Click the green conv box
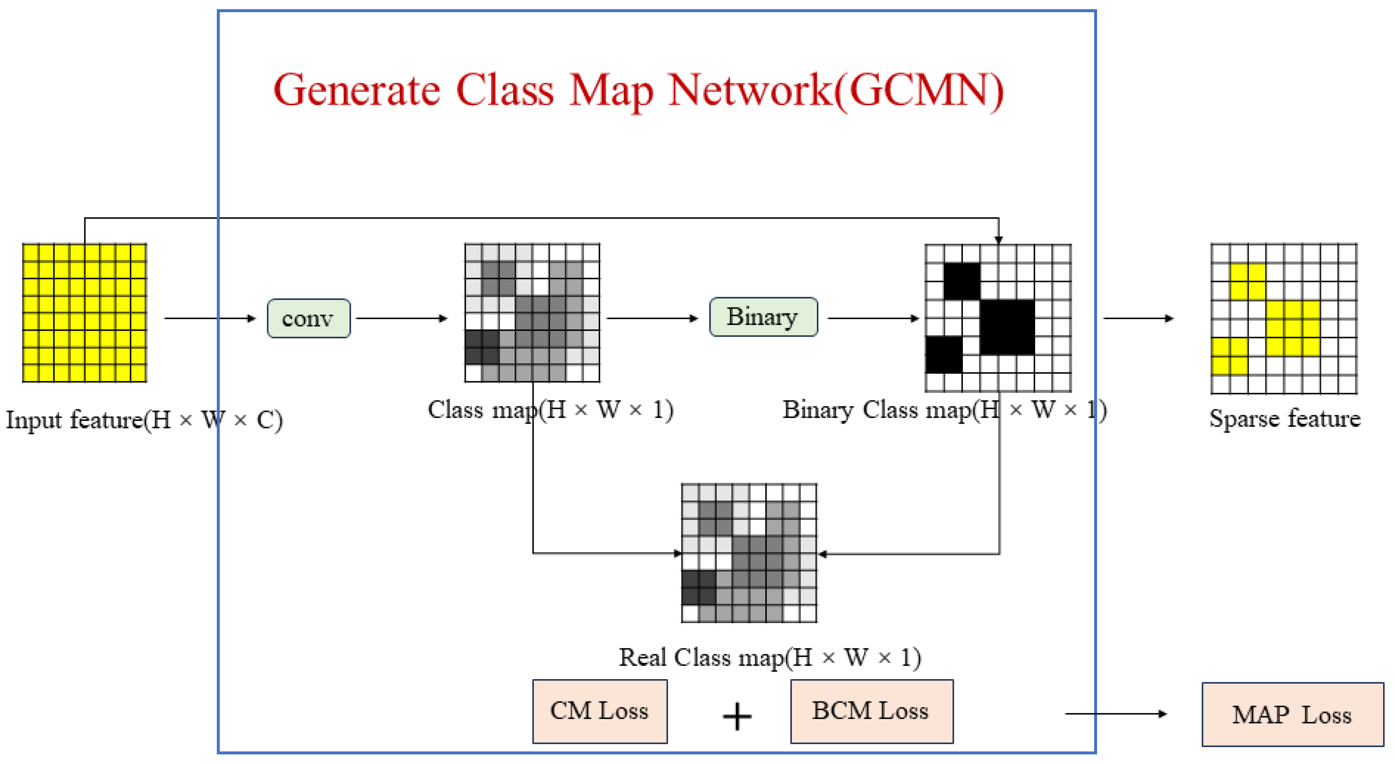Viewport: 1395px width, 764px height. [x=308, y=319]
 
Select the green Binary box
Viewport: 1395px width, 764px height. [x=763, y=317]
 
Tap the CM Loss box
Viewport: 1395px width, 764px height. [x=600, y=711]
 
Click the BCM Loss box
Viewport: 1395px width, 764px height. [x=872, y=711]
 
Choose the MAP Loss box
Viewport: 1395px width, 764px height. [x=1292, y=715]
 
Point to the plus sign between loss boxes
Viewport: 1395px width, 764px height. [x=737, y=716]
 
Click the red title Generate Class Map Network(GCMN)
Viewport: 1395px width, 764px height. [x=638, y=90]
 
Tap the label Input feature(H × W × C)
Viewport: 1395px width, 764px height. [x=144, y=420]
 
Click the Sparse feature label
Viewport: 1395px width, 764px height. [x=1284, y=418]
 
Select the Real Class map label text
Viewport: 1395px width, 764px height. [x=770, y=658]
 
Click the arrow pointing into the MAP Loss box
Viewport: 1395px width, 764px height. [x=1116, y=714]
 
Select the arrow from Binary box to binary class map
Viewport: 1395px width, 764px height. [x=873, y=319]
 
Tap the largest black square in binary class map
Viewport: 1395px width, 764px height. [x=1007, y=327]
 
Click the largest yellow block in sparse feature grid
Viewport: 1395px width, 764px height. [x=1293, y=328]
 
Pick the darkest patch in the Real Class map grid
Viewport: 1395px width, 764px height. [x=698, y=587]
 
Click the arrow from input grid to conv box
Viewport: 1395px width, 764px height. [x=209, y=319]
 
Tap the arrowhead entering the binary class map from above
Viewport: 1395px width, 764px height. [x=999, y=239]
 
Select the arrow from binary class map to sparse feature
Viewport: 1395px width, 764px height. [x=1138, y=319]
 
